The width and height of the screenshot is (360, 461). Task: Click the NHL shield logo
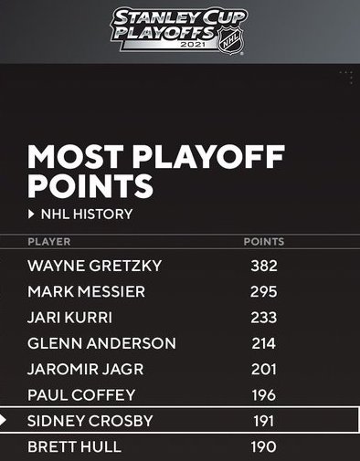point(230,41)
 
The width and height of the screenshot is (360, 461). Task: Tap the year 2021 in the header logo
point(193,45)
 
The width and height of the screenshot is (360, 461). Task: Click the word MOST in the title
point(76,157)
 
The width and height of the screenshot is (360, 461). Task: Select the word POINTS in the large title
point(90,185)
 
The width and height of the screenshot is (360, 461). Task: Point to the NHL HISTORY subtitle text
point(87,214)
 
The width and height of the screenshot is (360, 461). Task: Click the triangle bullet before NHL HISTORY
point(31,215)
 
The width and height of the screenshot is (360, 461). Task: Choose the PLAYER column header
point(49,242)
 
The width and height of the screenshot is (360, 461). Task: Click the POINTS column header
point(264,242)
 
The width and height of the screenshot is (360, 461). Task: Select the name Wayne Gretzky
point(94,266)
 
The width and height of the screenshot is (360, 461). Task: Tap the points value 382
point(264,266)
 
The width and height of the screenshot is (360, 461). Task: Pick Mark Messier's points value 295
point(264,291)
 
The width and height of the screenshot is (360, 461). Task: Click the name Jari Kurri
point(69,318)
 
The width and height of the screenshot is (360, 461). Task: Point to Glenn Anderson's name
point(101,343)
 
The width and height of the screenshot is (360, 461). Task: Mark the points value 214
point(264,343)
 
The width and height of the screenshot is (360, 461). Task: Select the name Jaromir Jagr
point(85,369)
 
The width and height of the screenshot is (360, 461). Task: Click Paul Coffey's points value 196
point(264,395)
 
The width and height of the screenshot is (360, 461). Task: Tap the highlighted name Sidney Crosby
point(90,421)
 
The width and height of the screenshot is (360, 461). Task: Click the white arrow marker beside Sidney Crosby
point(3,421)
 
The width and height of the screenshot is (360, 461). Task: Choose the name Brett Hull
point(74,446)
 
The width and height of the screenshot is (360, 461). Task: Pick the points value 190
point(264,446)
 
